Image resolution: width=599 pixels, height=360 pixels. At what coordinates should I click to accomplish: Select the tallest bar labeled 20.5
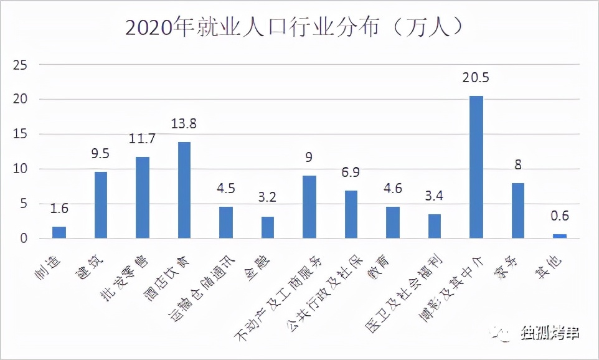[x=476, y=167]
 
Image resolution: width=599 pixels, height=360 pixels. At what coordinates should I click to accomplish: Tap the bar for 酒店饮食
[x=184, y=190]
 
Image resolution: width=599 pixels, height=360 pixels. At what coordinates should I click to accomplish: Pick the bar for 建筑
[x=101, y=205]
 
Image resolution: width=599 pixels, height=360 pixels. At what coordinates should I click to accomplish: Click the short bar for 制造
[x=59, y=232]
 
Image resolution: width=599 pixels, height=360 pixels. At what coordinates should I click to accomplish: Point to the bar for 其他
[x=560, y=236]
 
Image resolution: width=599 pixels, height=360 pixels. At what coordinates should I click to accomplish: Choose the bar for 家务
[x=518, y=211]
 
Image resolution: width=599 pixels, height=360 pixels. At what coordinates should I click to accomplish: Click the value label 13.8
[x=184, y=124]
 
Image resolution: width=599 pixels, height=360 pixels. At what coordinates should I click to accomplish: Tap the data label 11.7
[x=142, y=138]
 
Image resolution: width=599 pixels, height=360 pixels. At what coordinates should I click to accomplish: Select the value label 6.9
[x=351, y=172]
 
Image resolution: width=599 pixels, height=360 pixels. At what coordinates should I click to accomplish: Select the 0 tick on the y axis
[x=24, y=238]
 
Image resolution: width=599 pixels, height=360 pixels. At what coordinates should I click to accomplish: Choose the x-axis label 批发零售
[x=128, y=274]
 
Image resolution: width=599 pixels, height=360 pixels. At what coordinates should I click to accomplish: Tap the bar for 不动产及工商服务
[x=309, y=207]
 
